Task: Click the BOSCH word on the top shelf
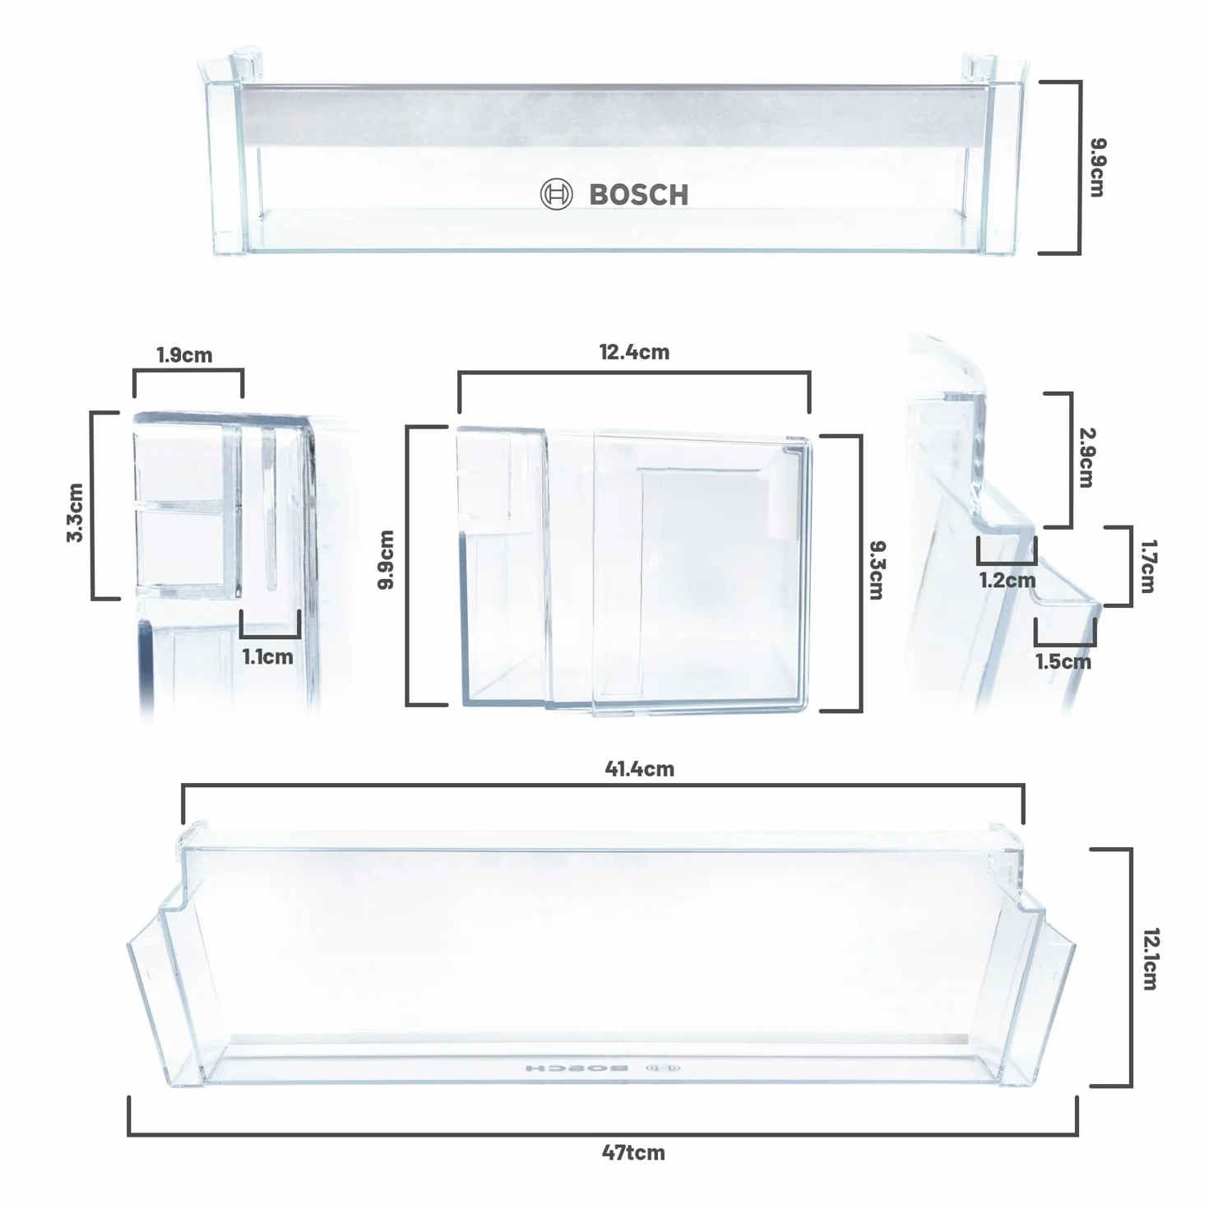pyautogui.click(x=639, y=194)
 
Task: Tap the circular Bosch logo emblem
pyautogui.click(x=556, y=194)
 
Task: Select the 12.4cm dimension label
pyautogui.click(x=634, y=352)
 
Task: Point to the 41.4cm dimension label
pyautogui.click(x=639, y=768)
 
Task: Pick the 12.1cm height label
pyautogui.click(x=1151, y=959)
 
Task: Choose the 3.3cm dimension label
pyautogui.click(x=75, y=512)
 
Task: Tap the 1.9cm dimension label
pyautogui.click(x=184, y=355)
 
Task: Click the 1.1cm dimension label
pyautogui.click(x=268, y=657)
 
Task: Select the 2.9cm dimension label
pyautogui.click(x=1086, y=457)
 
